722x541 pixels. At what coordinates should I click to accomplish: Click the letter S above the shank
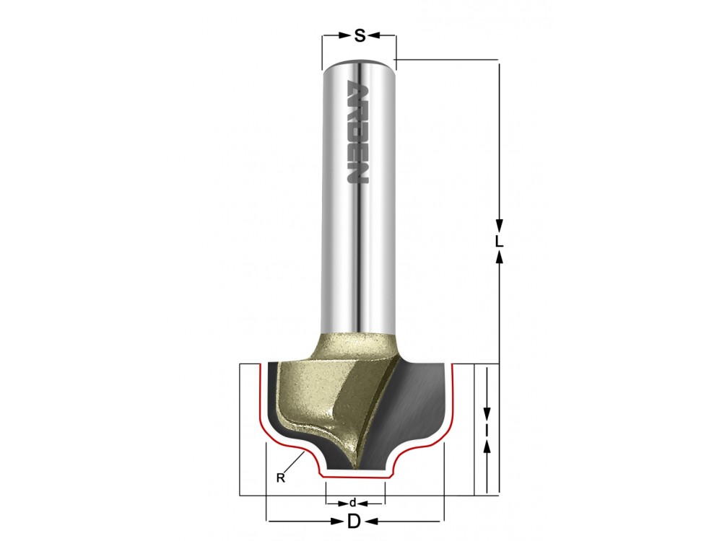(x=360, y=35)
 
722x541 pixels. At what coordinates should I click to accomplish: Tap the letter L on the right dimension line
(x=499, y=242)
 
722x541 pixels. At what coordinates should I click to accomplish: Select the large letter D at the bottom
(x=354, y=522)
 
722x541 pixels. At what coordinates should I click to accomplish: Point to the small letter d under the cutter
(x=353, y=502)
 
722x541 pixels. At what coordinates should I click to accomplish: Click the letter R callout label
(x=280, y=478)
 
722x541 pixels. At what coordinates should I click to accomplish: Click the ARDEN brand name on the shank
(x=357, y=131)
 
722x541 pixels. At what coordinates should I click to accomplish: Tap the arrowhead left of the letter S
(x=344, y=35)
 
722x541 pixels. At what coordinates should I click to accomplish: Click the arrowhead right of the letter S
(x=374, y=35)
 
